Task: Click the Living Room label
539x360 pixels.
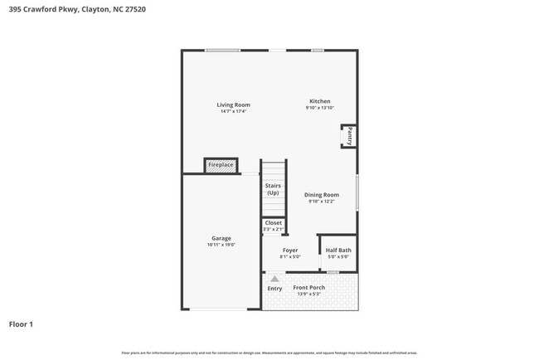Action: pyautogui.click(x=233, y=105)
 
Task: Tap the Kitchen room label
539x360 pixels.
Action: pyautogui.click(x=319, y=101)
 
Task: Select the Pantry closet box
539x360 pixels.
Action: pyautogui.click(x=349, y=136)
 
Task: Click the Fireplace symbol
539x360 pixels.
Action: pyautogui.click(x=221, y=166)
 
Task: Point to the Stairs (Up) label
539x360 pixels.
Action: pyautogui.click(x=273, y=189)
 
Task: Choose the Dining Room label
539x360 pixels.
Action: pyautogui.click(x=321, y=195)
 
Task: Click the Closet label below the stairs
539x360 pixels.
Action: pyautogui.click(x=273, y=222)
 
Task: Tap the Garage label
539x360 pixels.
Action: pyautogui.click(x=221, y=238)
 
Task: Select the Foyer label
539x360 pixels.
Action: pyautogui.click(x=290, y=250)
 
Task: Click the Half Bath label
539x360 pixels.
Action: pyautogui.click(x=337, y=250)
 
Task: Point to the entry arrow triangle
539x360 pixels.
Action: pyautogui.click(x=274, y=279)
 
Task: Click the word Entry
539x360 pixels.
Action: pyautogui.click(x=274, y=289)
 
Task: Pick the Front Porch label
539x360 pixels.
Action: pyautogui.click(x=308, y=287)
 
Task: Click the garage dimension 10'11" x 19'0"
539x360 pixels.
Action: pyautogui.click(x=221, y=245)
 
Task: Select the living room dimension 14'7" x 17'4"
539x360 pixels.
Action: pyautogui.click(x=233, y=112)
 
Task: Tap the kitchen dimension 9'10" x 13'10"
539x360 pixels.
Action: pyautogui.click(x=319, y=108)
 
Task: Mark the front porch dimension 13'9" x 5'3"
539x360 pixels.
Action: pyautogui.click(x=308, y=294)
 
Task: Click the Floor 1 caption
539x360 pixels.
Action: pyautogui.click(x=21, y=324)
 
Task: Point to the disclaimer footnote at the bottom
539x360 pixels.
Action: pyautogui.click(x=269, y=353)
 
